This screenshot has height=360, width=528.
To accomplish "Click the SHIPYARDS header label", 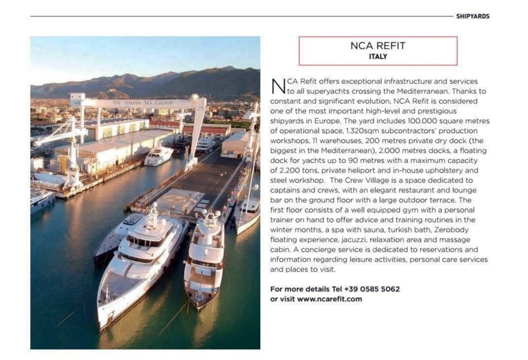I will coord(472,17).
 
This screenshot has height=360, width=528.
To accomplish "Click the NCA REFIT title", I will coord(378,46).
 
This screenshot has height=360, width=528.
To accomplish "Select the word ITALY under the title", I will coord(378,56).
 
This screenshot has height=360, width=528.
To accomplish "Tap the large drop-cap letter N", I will coord(277,86).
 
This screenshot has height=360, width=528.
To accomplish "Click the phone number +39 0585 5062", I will coord(372,289).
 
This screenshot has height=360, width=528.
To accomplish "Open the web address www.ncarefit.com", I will coord(337,299).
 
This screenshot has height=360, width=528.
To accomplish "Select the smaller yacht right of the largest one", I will coord(204,258).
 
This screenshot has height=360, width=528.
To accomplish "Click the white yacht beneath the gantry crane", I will coord(158,154).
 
